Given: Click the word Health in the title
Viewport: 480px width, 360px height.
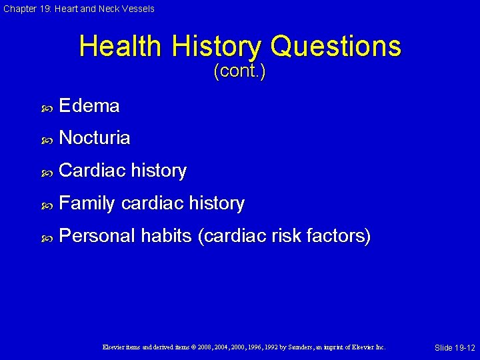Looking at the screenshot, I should (120, 47).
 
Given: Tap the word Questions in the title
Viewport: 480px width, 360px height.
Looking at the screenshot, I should (335, 47).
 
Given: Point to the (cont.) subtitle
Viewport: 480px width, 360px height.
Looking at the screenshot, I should (239, 71).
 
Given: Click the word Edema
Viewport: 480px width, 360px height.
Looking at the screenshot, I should (89, 106).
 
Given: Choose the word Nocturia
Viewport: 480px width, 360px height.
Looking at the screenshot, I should (95, 138).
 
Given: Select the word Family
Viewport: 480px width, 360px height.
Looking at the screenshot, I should (87, 203).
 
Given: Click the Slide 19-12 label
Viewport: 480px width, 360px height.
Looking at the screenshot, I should (455, 348).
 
